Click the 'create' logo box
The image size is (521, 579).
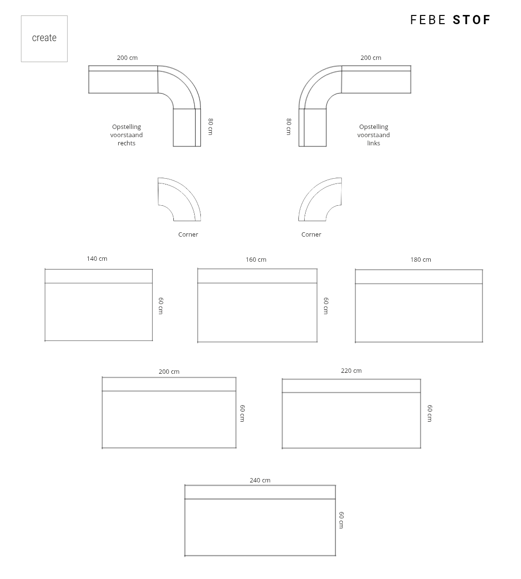[44, 39]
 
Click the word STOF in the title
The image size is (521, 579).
[472, 20]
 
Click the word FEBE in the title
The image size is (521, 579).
[428, 20]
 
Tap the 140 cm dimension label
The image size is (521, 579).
[97, 259]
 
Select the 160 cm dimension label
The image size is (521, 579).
[256, 260]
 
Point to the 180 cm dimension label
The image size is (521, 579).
[421, 260]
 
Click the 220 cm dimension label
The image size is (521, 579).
[351, 371]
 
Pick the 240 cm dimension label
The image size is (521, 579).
[260, 480]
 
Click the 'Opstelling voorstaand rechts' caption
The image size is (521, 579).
[127, 135]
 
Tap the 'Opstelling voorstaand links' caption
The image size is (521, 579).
[373, 135]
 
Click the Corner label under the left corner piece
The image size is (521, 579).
[188, 235]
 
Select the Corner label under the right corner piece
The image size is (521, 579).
[311, 235]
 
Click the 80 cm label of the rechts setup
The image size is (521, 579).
[211, 127]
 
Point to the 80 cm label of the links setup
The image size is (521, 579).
[289, 127]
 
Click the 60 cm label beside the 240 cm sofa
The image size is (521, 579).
[341, 520]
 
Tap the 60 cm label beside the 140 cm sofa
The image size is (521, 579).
[161, 306]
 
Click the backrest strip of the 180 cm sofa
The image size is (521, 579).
[419, 277]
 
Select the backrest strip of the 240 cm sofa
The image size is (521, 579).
[260, 492]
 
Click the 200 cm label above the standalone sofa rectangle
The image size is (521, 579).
[169, 372]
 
